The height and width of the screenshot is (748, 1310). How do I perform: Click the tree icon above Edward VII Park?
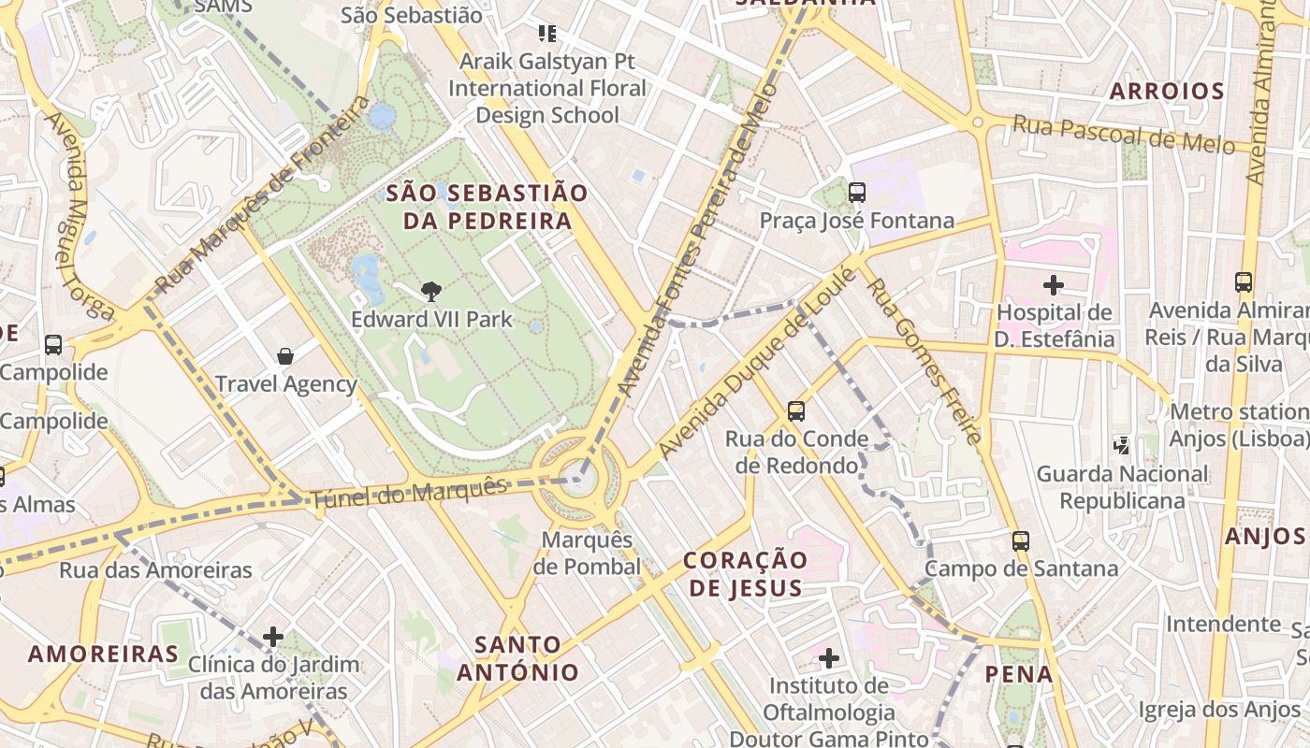coord(431,292)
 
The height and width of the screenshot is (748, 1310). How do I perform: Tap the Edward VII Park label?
coord(431,320)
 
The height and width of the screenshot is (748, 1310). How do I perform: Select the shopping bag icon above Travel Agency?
coord(285,356)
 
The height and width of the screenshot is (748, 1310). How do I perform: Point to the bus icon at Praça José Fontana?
coord(856,193)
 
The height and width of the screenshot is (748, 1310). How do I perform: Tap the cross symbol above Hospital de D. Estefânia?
coord(1054,284)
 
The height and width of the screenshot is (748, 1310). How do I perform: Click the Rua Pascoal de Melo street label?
coord(1124,136)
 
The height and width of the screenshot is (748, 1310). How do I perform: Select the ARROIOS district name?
coord(1166,92)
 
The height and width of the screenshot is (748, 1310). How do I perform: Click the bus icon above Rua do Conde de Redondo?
coord(795,410)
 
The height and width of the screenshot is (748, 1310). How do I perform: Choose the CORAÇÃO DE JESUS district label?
coord(745,574)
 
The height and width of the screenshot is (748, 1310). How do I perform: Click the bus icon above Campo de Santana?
coord(1020,540)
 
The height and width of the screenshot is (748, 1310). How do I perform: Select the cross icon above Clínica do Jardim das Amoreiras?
coord(273,637)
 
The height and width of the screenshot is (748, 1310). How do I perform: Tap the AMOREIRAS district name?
coord(103,654)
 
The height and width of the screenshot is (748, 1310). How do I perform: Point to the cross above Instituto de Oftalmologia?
coord(828,658)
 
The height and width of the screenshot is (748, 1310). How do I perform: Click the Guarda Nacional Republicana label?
coord(1122,487)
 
